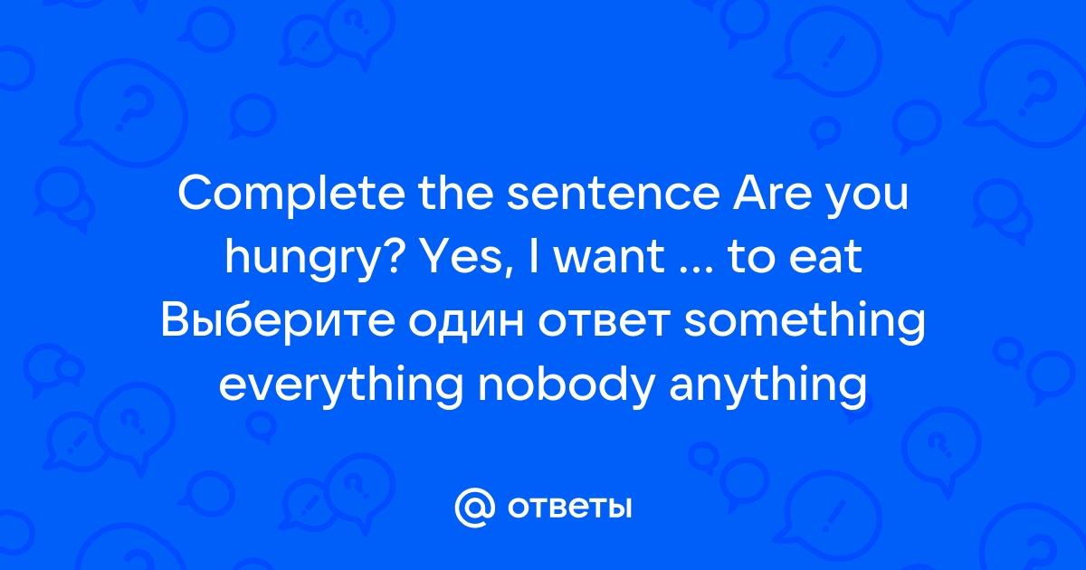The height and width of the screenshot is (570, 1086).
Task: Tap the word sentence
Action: tap(614, 194)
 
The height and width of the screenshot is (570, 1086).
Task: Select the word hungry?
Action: tap(313, 259)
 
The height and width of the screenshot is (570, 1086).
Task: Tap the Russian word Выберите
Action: tap(278, 321)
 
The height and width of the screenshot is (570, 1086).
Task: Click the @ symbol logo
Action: tap(474, 508)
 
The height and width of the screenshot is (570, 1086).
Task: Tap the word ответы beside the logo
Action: tap(569, 508)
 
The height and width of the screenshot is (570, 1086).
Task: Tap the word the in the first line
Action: tap(456, 193)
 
